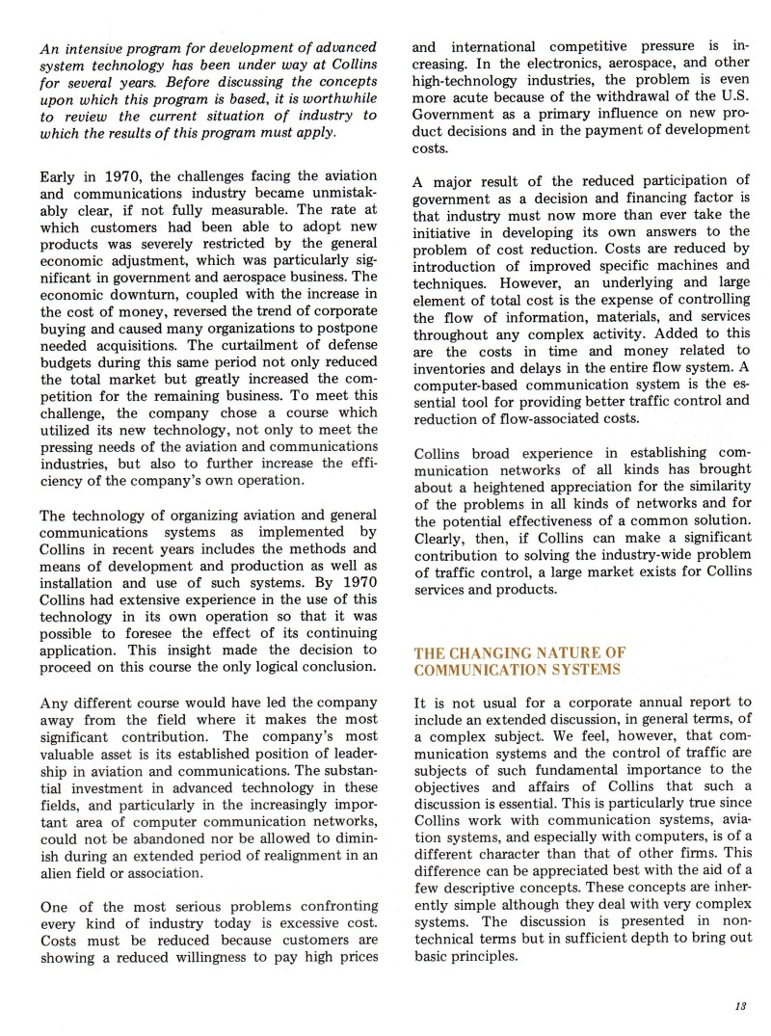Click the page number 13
click(x=740, y=1006)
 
